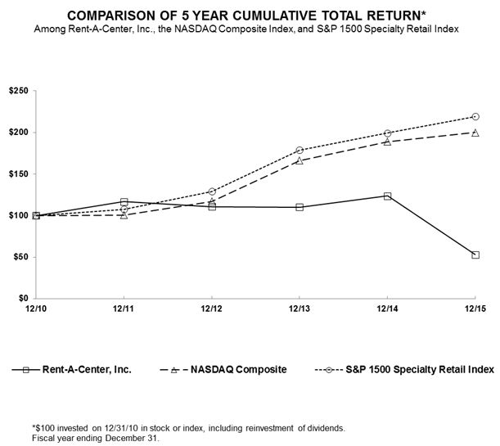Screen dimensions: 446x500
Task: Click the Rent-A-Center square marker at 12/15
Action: tap(475, 255)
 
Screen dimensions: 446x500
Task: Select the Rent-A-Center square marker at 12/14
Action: tap(387, 196)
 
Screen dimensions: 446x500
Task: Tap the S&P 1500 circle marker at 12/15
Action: tap(475, 116)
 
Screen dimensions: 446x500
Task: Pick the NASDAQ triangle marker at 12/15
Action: tap(475, 132)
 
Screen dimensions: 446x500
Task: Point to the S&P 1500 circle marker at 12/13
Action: tap(300, 150)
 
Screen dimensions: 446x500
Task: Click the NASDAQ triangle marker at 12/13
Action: tap(300, 160)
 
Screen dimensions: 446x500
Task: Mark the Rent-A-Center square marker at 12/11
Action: tap(124, 201)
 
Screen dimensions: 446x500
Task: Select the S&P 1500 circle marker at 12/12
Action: tap(212, 191)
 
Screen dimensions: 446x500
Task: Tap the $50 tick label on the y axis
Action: tap(20, 257)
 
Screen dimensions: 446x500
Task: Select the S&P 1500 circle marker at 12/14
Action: tap(387, 133)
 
